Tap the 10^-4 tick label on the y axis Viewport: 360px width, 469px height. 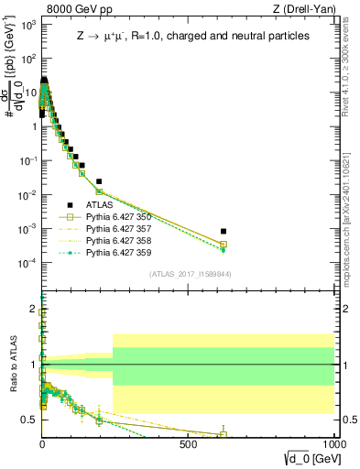point(29,263)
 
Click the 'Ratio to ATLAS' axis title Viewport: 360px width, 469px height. point(12,365)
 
